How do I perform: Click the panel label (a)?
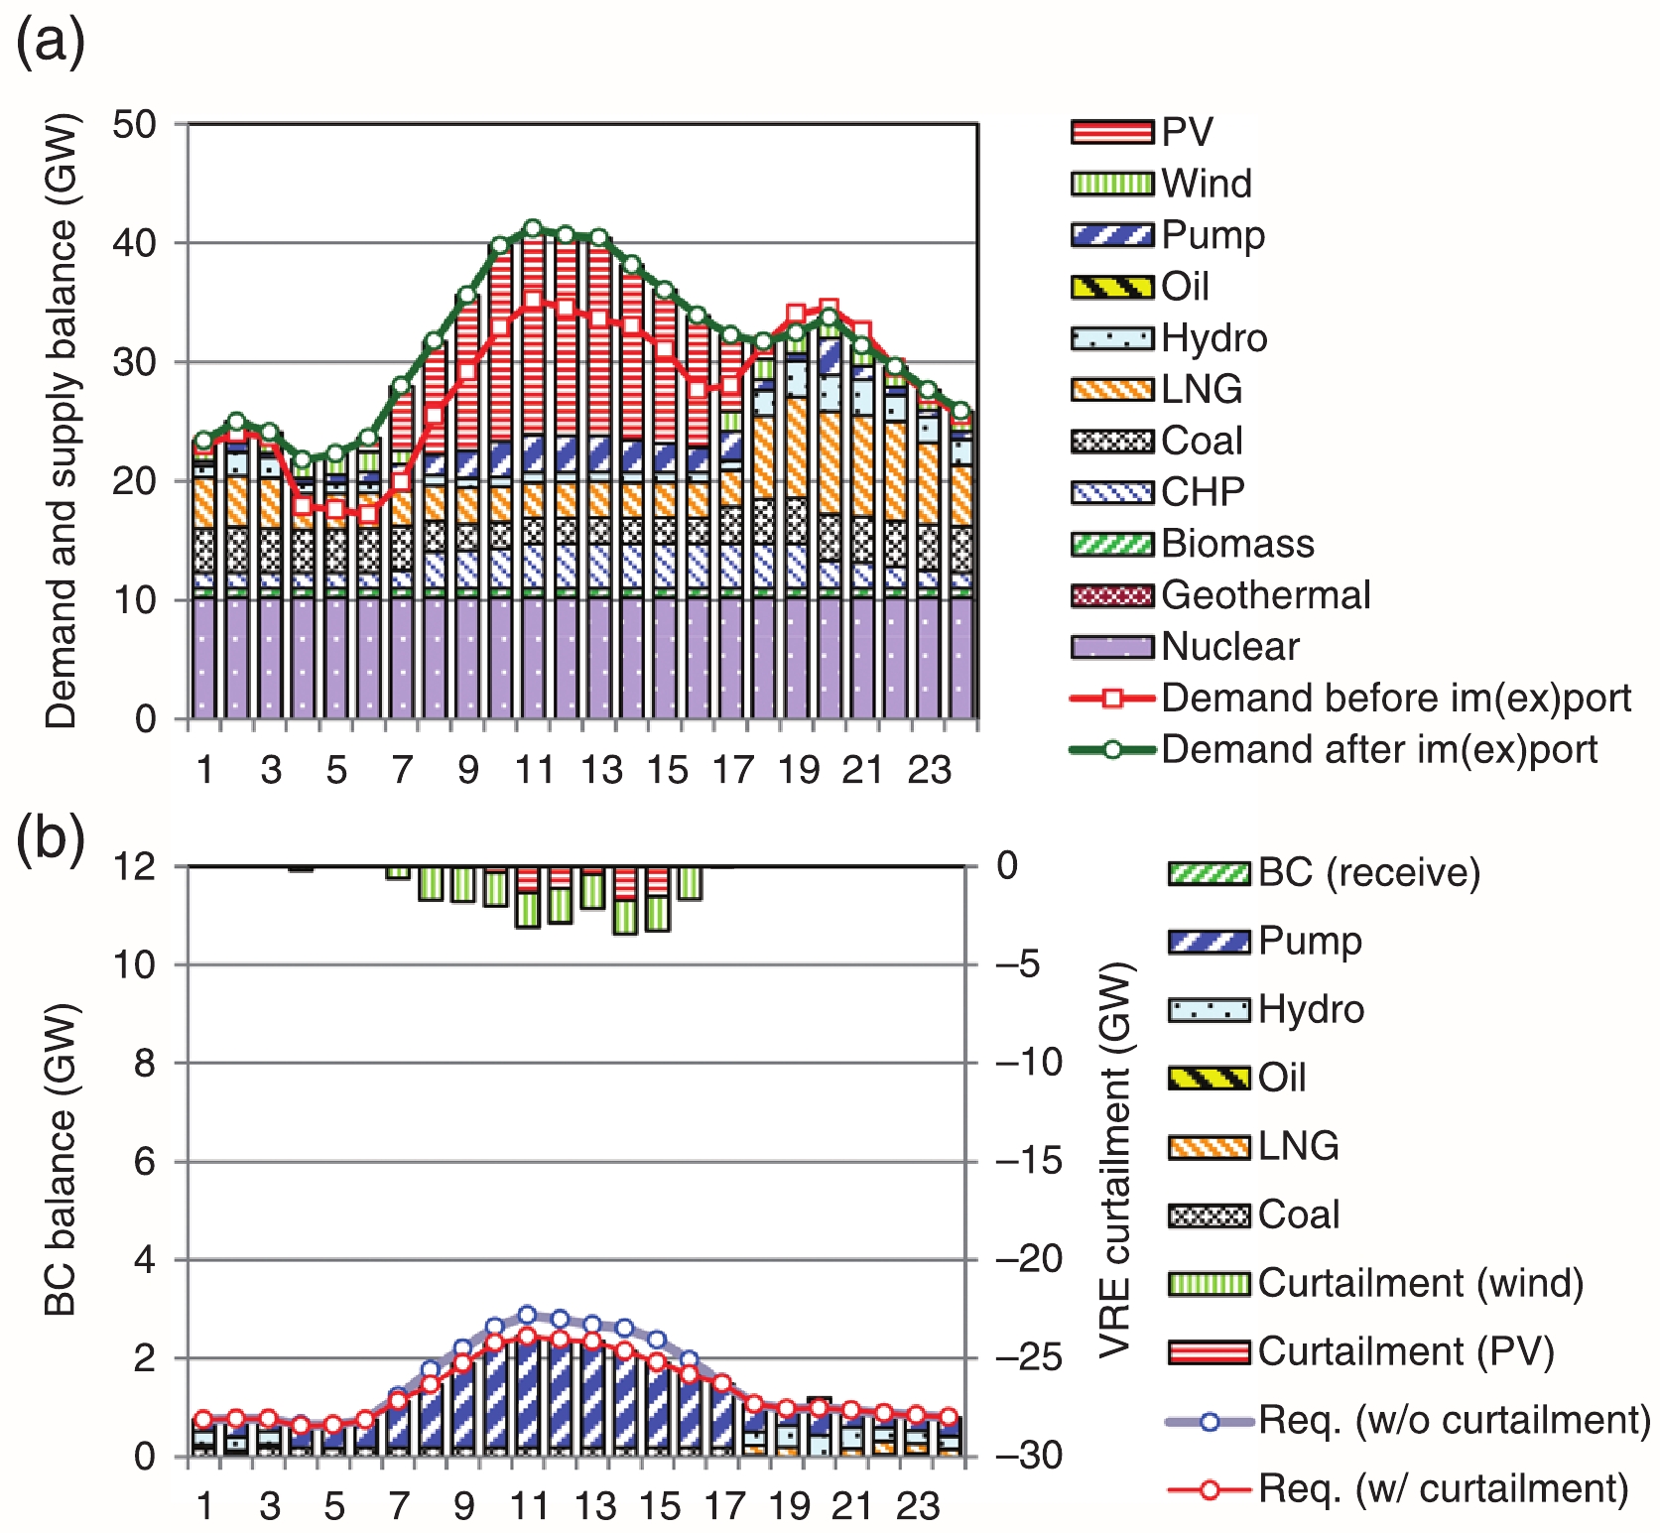51,45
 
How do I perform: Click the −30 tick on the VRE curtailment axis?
1028,1457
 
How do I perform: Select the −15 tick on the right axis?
1028,1161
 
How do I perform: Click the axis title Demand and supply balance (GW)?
61,422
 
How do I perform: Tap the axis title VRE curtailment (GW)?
1116,1159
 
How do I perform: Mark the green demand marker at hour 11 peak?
533,229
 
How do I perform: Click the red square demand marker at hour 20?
830,308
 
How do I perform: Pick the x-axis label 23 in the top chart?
929,770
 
